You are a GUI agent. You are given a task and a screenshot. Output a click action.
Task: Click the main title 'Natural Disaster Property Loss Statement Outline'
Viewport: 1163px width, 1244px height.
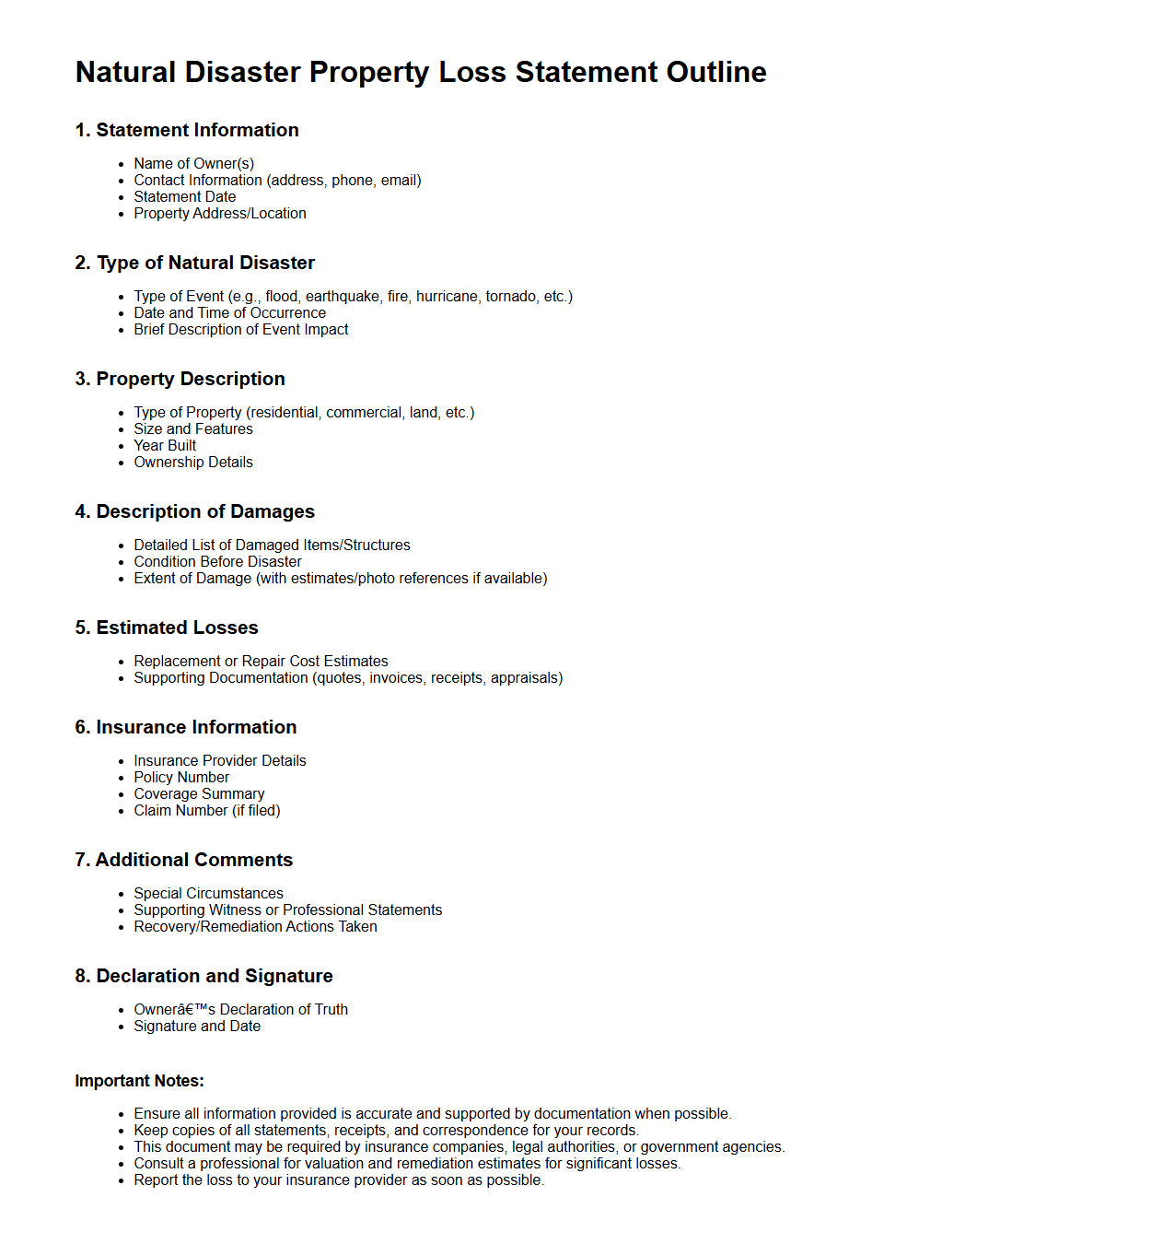[421, 72]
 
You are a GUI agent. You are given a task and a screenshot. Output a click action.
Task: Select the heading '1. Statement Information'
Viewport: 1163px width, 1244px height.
[187, 130]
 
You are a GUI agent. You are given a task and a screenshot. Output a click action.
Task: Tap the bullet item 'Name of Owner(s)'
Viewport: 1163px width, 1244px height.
[194, 163]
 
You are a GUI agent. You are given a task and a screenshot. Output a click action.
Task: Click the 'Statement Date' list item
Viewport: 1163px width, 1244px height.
[185, 196]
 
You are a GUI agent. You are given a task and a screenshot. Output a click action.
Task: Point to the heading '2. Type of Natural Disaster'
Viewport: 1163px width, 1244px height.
[195, 263]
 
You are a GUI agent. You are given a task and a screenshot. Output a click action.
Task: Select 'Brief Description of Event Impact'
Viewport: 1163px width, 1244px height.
[241, 329]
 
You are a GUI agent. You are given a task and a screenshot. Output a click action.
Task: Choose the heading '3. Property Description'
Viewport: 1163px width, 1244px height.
[180, 379]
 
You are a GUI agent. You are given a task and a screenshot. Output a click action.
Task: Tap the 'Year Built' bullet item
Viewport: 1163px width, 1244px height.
[165, 445]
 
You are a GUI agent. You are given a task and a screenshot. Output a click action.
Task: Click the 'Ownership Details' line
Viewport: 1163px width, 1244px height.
[193, 462]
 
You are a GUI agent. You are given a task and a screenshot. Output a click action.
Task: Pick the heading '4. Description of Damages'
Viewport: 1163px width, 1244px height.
[195, 511]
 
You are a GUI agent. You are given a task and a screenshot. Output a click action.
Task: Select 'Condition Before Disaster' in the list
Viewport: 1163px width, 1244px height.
[218, 561]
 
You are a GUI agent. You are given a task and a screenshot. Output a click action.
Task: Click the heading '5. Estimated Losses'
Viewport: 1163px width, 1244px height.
[167, 628]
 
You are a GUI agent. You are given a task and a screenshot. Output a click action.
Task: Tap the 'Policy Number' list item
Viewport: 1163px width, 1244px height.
[181, 777]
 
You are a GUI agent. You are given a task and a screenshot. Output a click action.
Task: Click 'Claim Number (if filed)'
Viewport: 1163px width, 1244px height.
[207, 810]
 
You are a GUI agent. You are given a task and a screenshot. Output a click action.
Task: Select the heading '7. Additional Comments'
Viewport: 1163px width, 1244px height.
[184, 860]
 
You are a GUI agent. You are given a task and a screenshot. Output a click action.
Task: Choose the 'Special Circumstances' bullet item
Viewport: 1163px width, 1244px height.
[209, 893]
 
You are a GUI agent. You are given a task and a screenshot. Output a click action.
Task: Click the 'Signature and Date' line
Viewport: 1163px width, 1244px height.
[197, 1026]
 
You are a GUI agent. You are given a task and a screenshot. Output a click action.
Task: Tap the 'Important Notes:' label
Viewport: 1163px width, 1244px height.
[140, 1081]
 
